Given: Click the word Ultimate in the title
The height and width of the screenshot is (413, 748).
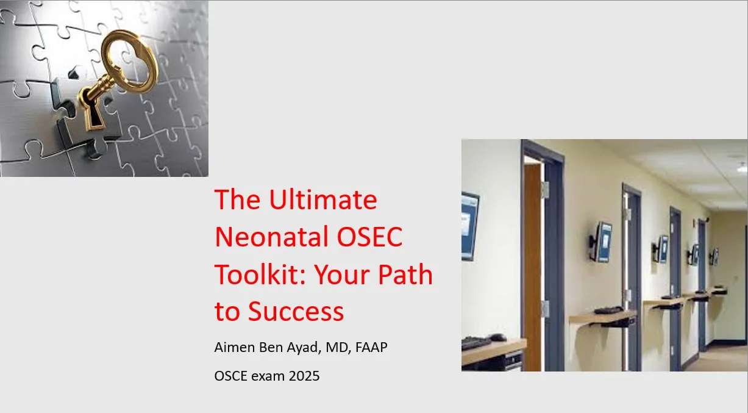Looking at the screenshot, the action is [x=323, y=199].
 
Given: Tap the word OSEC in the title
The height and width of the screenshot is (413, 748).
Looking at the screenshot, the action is [x=369, y=237].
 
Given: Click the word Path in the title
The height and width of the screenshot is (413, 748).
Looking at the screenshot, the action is [x=405, y=274].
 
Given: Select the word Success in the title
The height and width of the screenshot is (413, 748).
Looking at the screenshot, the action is [x=296, y=311].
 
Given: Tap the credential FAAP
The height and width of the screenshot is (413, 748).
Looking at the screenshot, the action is [x=371, y=347].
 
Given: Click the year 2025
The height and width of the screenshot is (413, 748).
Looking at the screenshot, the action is [x=304, y=376].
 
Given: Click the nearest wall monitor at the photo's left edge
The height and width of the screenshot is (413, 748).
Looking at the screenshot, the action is [x=470, y=226].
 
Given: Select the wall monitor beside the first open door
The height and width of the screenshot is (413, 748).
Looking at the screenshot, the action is [x=602, y=242].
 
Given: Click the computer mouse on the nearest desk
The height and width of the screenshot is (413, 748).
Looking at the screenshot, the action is [x=497, y=337].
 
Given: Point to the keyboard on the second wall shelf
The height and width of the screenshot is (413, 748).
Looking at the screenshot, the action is [x=609, y=310].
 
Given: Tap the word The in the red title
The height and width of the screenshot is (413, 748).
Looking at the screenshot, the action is [x=237, y=199].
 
